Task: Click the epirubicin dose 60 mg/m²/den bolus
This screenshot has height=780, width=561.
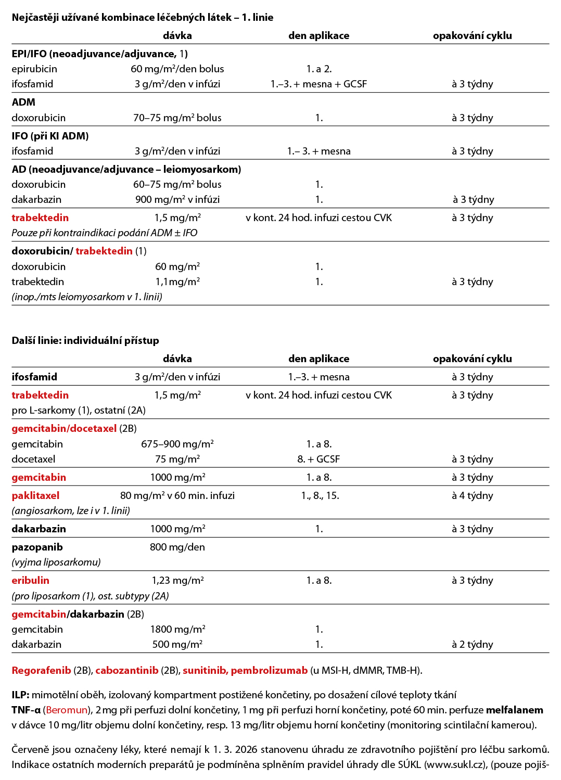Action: coord(177,69)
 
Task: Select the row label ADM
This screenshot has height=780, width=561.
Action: coord(23,102)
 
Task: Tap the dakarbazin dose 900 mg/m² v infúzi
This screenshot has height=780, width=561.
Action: coord(177,199)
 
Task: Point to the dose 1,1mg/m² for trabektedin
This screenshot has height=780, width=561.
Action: coord(177,282)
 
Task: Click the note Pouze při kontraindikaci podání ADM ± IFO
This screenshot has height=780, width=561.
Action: coord(104,233)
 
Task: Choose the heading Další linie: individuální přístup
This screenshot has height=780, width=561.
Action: coord(85,340)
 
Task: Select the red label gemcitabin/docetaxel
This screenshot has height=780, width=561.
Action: coord(64,428)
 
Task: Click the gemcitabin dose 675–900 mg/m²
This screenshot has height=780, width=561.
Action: coord(177,444)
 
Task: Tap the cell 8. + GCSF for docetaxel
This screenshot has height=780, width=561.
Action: coord(318,459)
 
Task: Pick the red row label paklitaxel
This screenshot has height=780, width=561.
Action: coord(35,495)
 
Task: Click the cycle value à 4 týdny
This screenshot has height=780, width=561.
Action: coord(472,495)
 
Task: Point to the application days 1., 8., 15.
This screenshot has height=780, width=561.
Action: coord(320,495)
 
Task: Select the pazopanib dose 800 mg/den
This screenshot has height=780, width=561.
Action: coord(177,547)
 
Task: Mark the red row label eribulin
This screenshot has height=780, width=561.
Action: coord(30,580)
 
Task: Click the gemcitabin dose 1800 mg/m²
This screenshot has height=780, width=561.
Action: coord(177,629)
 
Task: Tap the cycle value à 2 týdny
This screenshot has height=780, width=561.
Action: coord(472,644)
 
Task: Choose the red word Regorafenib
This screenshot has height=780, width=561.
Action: coord(41,670)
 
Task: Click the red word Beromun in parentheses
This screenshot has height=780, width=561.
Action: coord(67,710)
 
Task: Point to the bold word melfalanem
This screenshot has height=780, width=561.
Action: coord(514,710)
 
